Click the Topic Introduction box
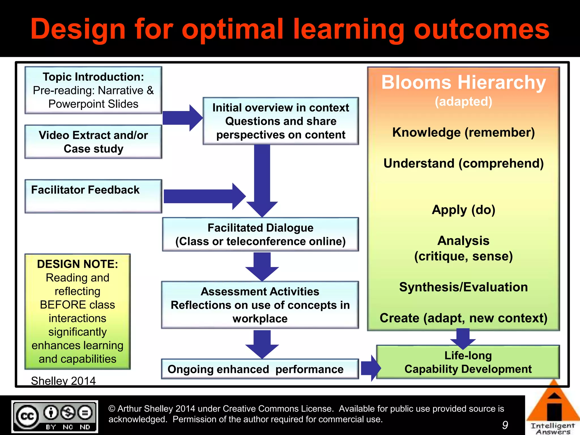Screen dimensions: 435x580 pyautogui.click(x=93, y=90)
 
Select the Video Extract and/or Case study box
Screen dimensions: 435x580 pyautogui.click(x=93, y=142)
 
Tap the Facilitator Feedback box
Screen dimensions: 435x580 pyautogui.click(x=93, y=196)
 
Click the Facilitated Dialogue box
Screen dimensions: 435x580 pyautogui.click(x=260, y=234)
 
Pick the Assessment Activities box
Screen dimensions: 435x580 pyautogui.click(x=260, y=305)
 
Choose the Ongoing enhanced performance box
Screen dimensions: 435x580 pyautogui.click(x=260, y=369)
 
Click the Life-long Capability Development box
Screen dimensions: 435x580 pyautogui.click(x=468, y=362)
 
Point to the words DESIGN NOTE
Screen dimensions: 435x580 pyautogui.click(x=77, y=264)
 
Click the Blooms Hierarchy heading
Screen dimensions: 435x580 pyautogui.click(x=463, y=82)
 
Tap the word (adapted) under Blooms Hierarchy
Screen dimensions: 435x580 pyautogui.click(x=463, y=101)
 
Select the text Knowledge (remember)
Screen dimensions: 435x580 pyautogui.click(x=463, y=132)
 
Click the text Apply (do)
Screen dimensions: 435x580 pyautogui.click(x=463, y=210)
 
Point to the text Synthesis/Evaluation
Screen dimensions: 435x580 pyautogui.click(x=463, y=287)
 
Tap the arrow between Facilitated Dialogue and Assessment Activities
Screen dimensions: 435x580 pyautogui.click(x=262, y=266)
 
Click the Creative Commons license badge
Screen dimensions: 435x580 pyautogui.click(x=55, y=416)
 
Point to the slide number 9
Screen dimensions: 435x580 pyautogui.click(x=505, y=425)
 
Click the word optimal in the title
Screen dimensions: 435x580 pyautogui.click(x=232, y=29)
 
